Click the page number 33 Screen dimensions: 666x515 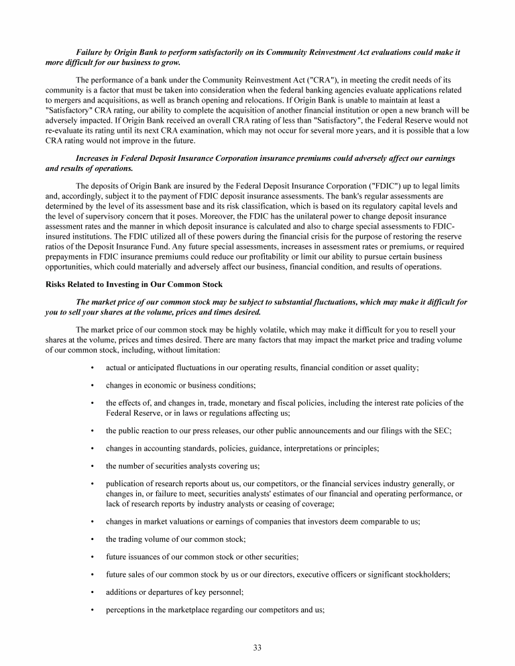tap(257, 647)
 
